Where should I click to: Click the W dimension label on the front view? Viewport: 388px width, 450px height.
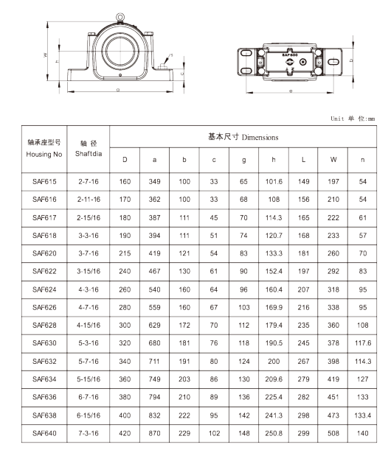pyautogui.click(x=45, y=55)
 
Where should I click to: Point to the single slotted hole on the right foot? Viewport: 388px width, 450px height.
pyautogui.click(x=333, y=62)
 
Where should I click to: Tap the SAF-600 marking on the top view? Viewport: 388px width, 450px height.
pyautogui.click(x=289, y=55)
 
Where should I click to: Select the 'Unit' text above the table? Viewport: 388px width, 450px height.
pyautogui.click(x=337, y=119)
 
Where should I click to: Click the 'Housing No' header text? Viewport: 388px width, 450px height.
pyautogui.click(x=44, y=155)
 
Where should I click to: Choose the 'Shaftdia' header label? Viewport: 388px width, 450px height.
pyautogui.click(x=89, y=154)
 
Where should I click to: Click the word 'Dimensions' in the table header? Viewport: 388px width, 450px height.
pyautogui.click(x=260, y=138)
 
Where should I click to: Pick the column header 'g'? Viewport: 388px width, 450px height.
pyautogui.click(x=243, y=160)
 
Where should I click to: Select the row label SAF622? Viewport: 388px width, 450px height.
pyautogui.click(x=44, y=271)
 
